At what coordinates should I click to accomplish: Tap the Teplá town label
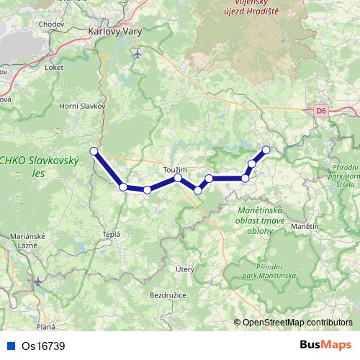point(111,235)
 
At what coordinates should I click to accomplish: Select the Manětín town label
point(305,227)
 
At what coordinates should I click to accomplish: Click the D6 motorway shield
point(320,111)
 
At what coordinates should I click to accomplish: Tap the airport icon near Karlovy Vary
point(138,54)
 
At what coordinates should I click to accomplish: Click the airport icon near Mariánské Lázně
point(38,282)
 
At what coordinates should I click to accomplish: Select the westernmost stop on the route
point(94,150)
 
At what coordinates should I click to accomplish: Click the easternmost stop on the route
point(266,150)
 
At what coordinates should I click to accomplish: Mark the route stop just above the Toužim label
point(178,177)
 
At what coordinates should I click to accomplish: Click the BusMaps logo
point(325,345)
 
